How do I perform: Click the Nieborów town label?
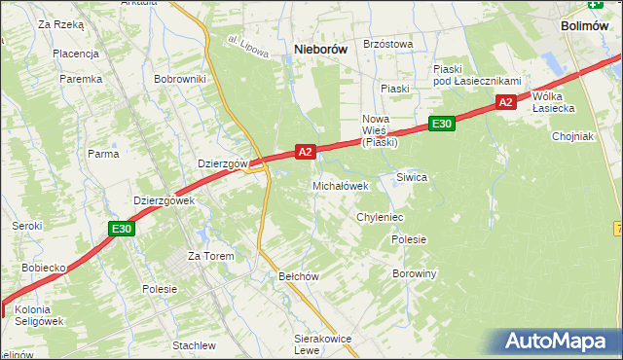tap(322, 49)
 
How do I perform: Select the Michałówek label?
tap(341, 185)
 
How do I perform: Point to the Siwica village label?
tap(412, 177)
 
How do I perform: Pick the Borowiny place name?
tap(415, 273)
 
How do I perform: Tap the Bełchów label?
tap(300, 276)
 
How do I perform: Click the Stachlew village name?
tap(194, 345)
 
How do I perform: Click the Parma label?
tap(103, 154)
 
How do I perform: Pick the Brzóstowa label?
tap(388, 44)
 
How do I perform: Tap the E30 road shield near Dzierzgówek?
tap(120, 229)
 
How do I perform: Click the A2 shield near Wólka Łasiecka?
tap(504, 101)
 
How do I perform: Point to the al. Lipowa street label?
tap(248, 48)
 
